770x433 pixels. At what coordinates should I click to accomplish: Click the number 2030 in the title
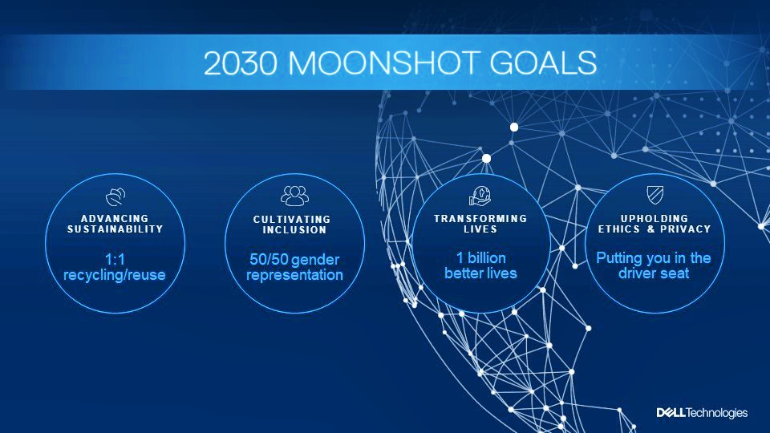[240, 63]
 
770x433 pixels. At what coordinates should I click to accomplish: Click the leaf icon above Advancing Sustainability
[115, 196]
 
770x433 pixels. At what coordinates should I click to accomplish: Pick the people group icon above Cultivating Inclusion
[294, 196]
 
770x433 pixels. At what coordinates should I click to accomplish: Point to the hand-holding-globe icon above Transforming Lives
[480, 196]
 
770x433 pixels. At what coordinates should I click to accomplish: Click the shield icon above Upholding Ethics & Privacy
[655, 194]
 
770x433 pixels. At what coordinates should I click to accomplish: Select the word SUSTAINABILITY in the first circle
[115, 229]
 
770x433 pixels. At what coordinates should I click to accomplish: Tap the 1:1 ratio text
[115, 259]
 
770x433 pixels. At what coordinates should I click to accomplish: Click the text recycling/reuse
[115, 275]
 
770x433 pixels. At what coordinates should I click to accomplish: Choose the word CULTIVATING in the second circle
[292, 220]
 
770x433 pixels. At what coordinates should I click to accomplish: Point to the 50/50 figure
[269, 259]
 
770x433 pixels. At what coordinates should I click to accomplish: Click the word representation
[294, 275]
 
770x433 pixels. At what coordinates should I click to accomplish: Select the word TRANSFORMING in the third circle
[480, 218]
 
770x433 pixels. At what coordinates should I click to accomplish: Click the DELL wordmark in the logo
[671, 413]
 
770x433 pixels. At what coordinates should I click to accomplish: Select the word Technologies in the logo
[716, 414]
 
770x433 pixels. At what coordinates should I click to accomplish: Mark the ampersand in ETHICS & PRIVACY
[651, 229]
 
